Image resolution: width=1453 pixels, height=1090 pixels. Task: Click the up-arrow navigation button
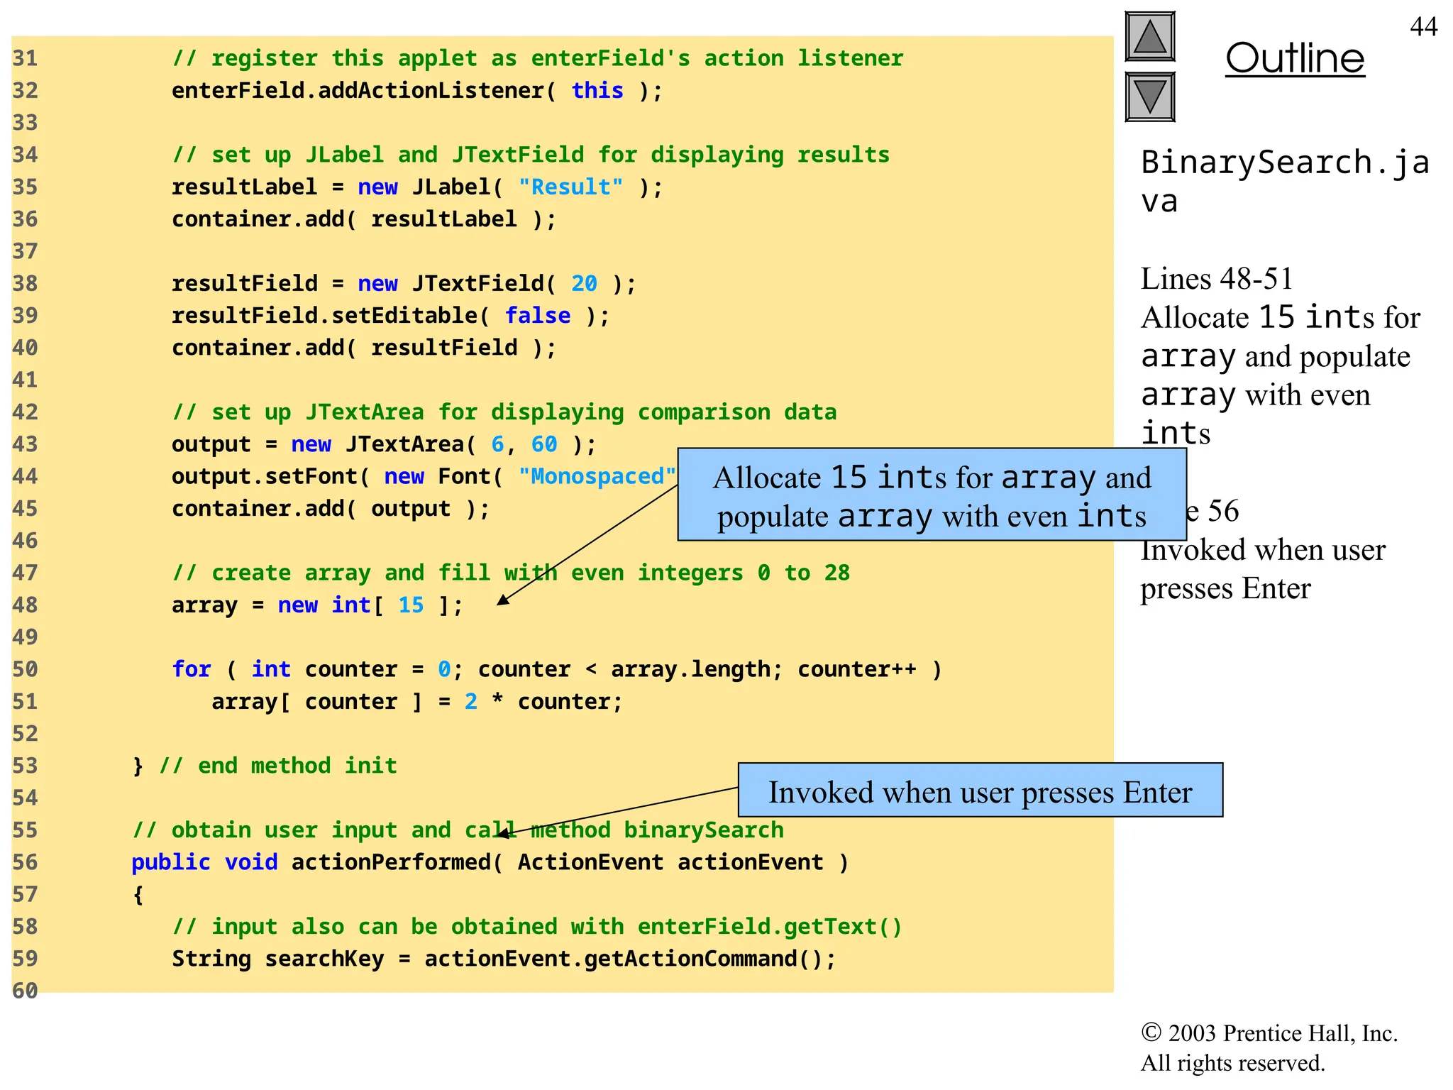pyautogui.click(x=1150, y=37)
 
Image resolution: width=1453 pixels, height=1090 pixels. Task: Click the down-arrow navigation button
pyautogui.click(x=1150, y=97)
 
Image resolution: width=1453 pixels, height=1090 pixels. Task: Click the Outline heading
pyautogui.click(x=1295, y=58)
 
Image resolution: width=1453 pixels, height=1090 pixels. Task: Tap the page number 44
pyautogui.click(x=1423, y=27)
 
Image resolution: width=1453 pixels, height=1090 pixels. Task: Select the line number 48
pyautogui.click(x=25, y=605)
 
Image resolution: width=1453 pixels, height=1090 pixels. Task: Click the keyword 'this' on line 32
pyautogui.click(x=597, y=91)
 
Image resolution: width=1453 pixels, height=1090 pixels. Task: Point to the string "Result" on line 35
pyautogui.click(x=570, y=187)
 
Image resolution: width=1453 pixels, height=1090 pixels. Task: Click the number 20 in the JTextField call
pyautogui.click(x=584, y=284)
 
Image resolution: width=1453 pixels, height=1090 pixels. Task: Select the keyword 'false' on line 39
pyautogui.click(x=537, y=316)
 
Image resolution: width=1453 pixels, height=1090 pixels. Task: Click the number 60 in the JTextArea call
pyautogui.click(x=544, y=444)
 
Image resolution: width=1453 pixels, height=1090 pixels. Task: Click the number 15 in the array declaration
pyautogui.click(x=411, y=605)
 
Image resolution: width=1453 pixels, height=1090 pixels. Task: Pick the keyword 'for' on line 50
pyautogui.click(x=192, y=669)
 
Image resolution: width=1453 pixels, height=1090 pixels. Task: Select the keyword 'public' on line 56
pyautogui.click(x=171, y=862)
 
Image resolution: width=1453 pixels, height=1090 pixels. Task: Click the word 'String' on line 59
pyautogui.click(x=211, y=959)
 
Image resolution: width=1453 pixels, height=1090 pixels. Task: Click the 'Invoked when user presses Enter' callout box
pyautogui.click(x=980, y=791)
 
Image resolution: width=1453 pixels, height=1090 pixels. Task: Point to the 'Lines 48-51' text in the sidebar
pyautogui.click(x=1217, y=279)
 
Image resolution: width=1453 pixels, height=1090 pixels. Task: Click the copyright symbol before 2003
pyautogui.click(x=1151, y=1033)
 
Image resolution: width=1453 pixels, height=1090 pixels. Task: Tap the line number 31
pyautogui.click(x=25, y=58)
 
